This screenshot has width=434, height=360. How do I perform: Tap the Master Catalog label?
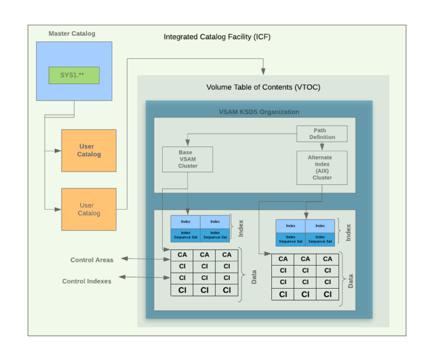point(72,33)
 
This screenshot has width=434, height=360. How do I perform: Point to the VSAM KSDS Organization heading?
point(259,112)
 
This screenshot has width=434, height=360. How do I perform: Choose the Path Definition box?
point(322,134)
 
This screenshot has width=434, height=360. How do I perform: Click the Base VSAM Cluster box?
point(188,159)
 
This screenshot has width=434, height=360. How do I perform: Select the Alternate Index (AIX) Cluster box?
point(322,167)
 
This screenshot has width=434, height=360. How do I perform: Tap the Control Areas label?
point(92,260)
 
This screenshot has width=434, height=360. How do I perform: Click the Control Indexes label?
point(86,281)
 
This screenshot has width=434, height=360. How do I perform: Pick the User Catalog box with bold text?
point(89,150)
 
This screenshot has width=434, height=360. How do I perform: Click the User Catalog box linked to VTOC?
point(89,209)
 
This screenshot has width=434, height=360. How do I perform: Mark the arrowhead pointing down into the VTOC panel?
point(263,72)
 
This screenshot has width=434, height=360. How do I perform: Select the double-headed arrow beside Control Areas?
point(145,259)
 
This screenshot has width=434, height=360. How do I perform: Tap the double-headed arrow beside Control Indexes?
point(145,277)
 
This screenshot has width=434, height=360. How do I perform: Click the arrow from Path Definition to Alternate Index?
point(322,146)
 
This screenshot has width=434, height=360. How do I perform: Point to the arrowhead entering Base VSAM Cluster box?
point(188,144)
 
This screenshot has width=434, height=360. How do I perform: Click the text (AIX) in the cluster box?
point(322,170)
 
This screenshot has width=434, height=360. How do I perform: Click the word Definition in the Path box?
point(322,137)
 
